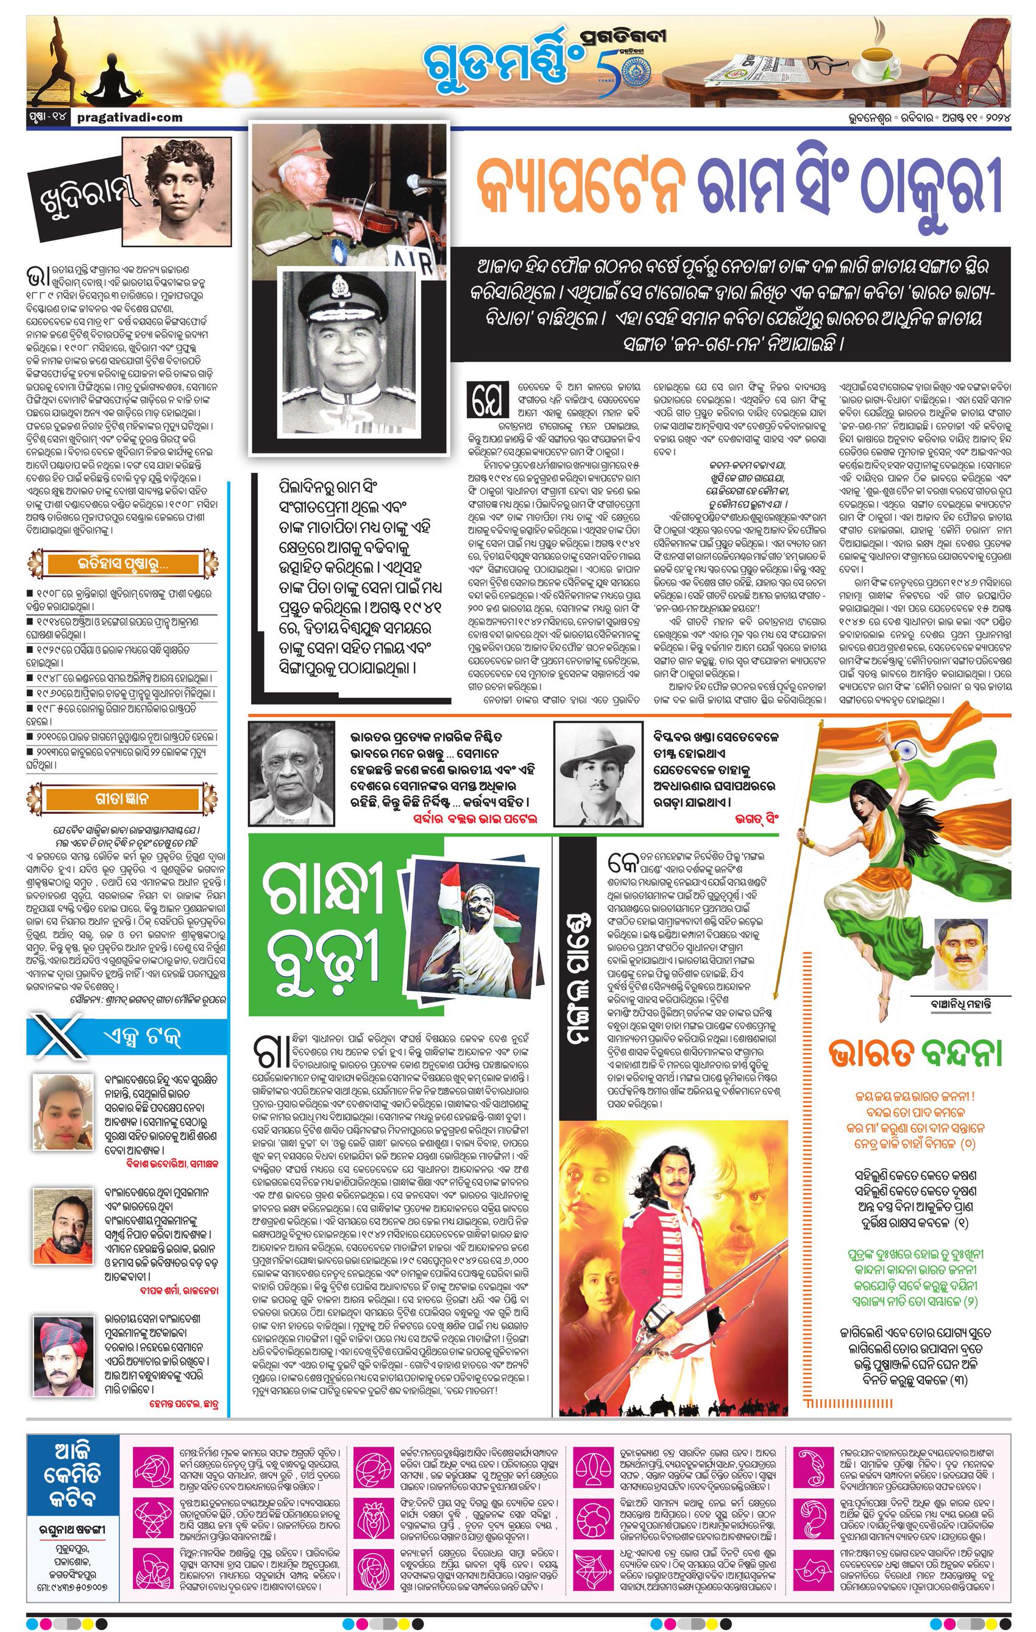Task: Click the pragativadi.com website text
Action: (126, 117)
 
